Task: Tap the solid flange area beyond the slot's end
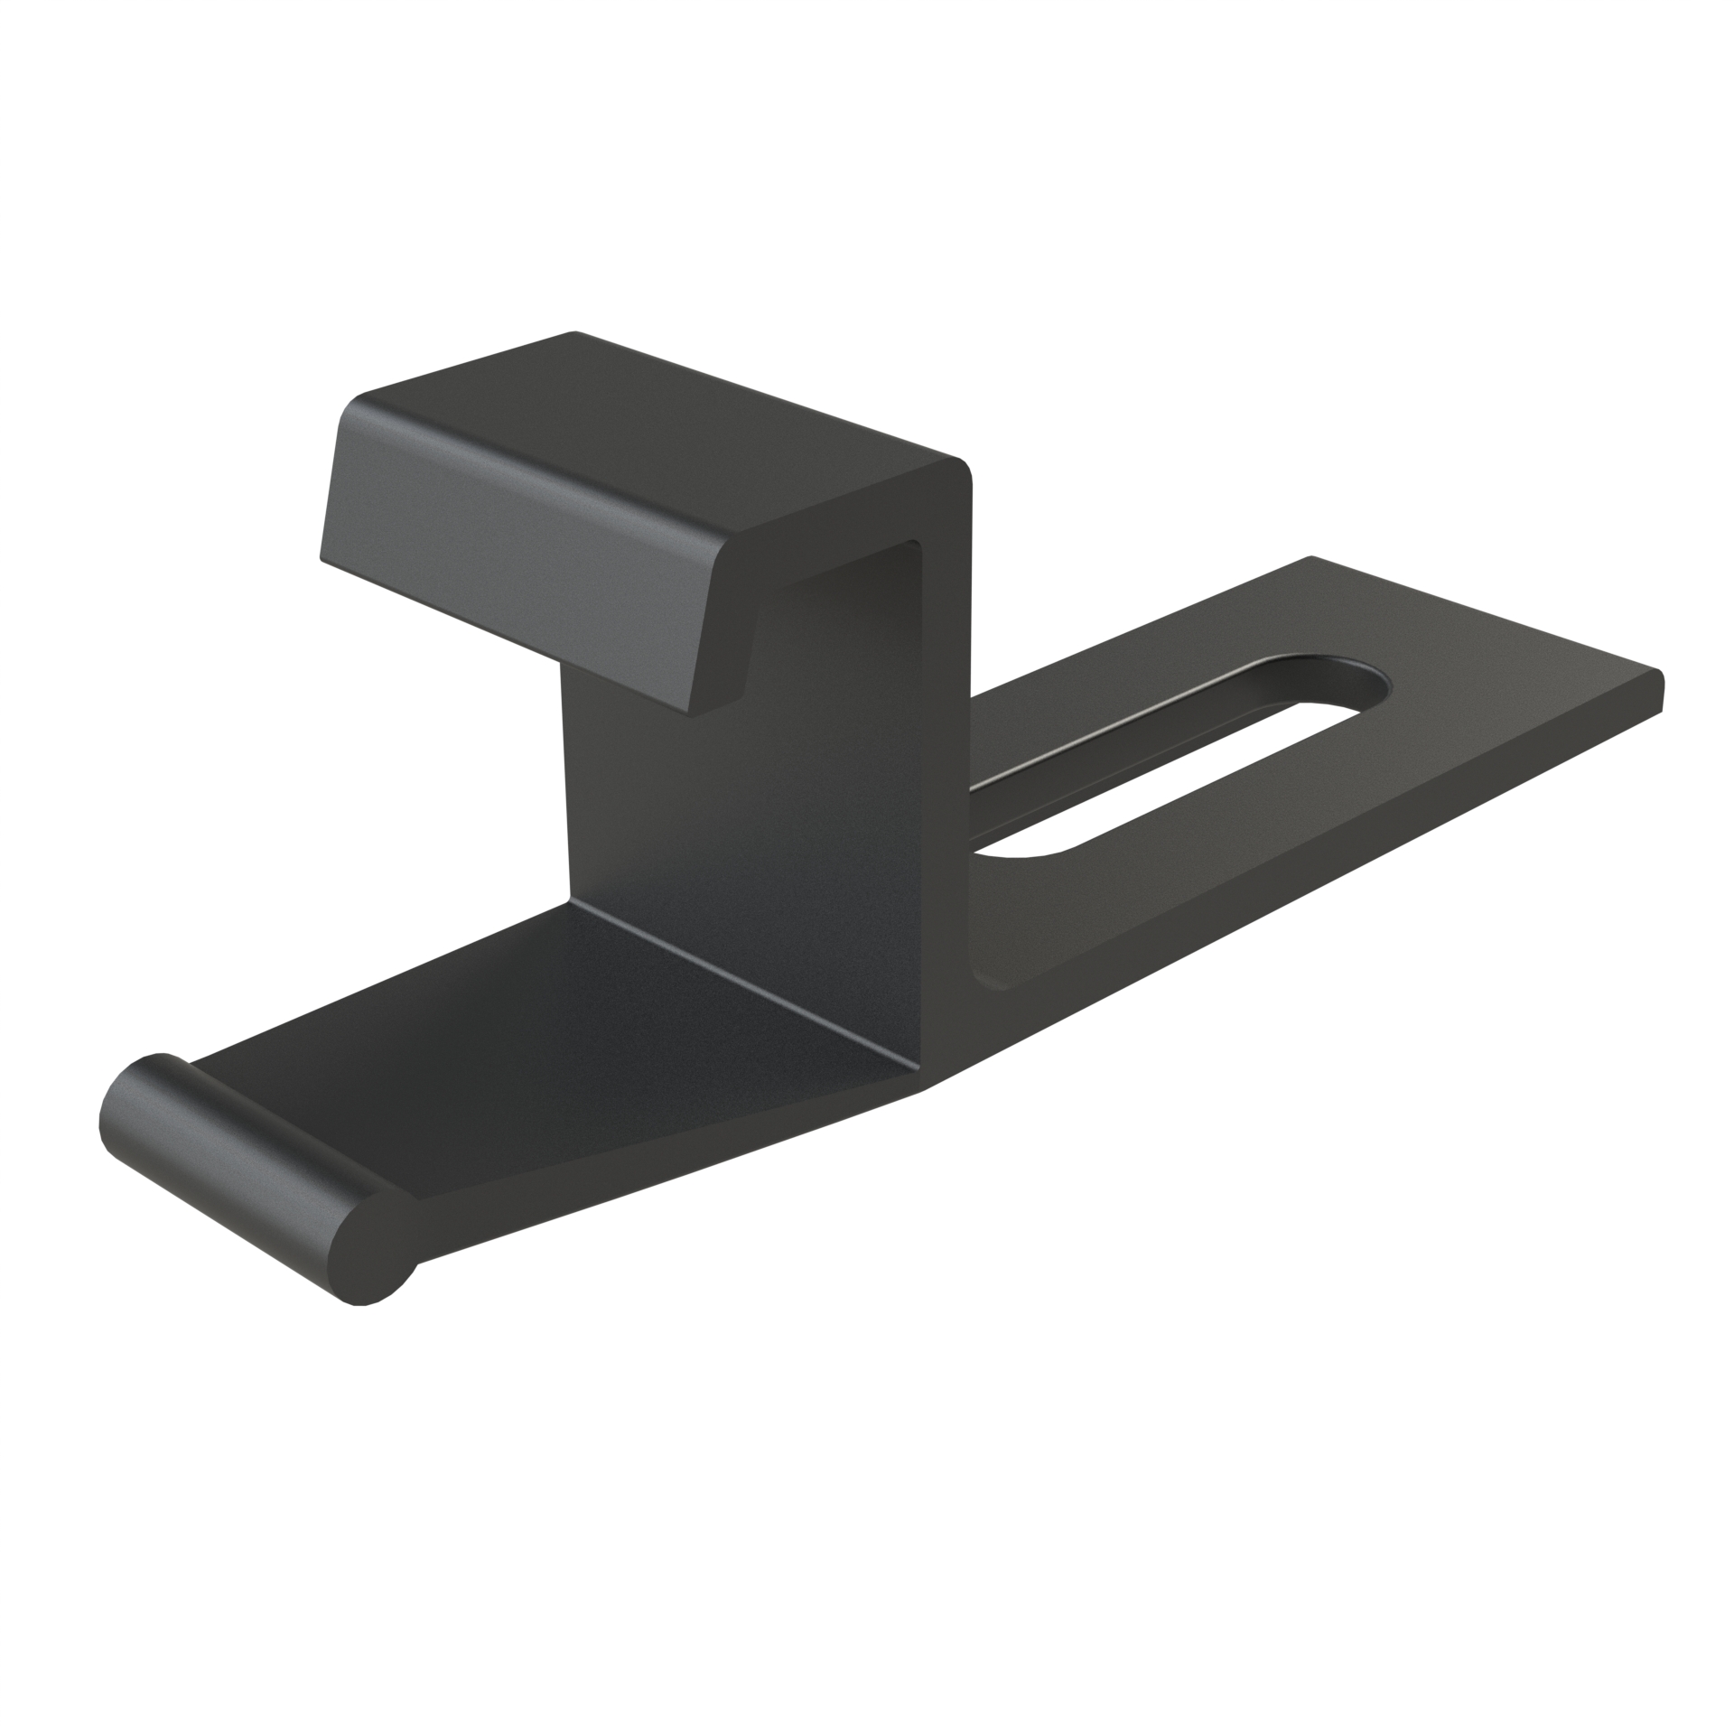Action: [1490, 686]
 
